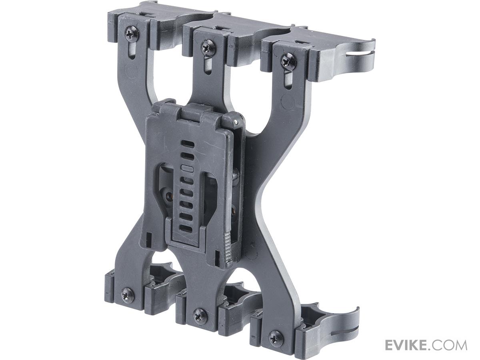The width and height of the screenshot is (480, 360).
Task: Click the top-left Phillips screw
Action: click(132, 34)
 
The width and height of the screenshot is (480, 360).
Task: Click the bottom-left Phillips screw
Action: click(128, 295)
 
